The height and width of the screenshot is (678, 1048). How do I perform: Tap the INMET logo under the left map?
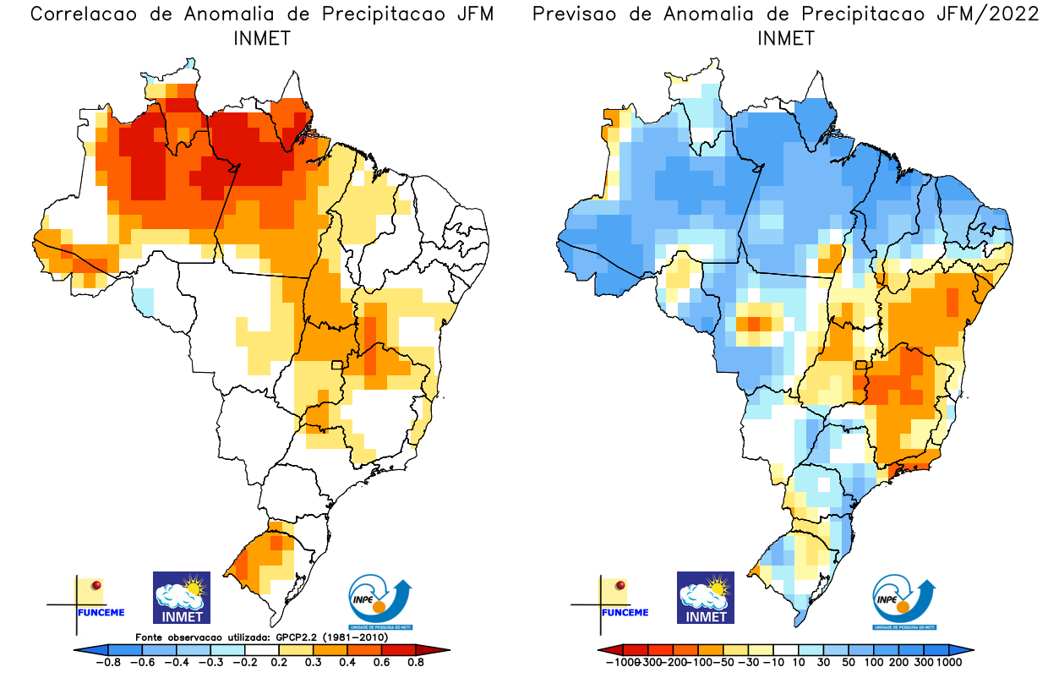click(x=181, y=598)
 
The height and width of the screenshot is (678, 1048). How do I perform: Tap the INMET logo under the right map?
click(x=706, y=598)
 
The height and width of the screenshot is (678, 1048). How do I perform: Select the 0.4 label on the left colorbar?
click(x=347, y=662)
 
